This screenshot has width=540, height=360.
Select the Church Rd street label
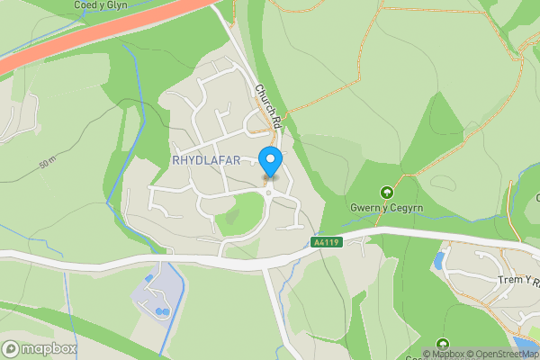click(269, 105)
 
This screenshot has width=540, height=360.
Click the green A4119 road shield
click(325, 243)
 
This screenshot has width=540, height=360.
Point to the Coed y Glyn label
click(102, 5)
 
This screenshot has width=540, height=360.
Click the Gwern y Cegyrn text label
click(386, 209)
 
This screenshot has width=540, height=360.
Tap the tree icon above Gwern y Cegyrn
click(386, 193)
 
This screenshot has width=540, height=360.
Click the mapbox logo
click(40, 348)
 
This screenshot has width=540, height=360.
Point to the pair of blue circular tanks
click(162, 311)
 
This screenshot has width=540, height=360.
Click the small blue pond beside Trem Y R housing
click(438, 261)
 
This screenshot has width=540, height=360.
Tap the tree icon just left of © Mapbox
click(442, 343)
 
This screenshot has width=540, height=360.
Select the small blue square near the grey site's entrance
click(148, 279)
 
